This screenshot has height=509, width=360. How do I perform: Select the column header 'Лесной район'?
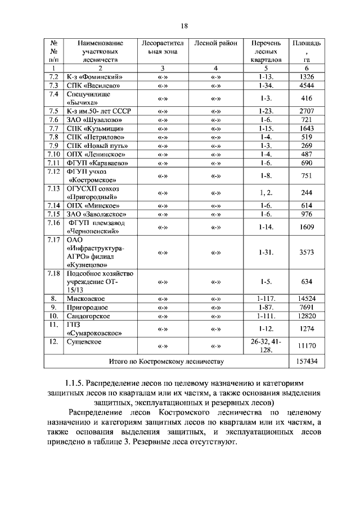[x=215, y=43]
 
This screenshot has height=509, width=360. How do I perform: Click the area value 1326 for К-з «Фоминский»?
[x=307, y=76]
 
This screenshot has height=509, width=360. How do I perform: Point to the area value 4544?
[x=307, y=85]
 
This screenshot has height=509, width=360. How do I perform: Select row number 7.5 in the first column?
[x=54, y=111]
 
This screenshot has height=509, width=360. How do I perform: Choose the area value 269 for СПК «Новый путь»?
[x=307, y=146]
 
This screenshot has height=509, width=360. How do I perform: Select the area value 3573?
[x=307, y=252]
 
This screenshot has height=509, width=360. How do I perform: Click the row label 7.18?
[x=54, y=273]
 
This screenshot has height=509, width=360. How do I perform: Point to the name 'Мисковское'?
[x=85, y=299]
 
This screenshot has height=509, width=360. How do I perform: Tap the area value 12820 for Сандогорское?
[x=307, y=316]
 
